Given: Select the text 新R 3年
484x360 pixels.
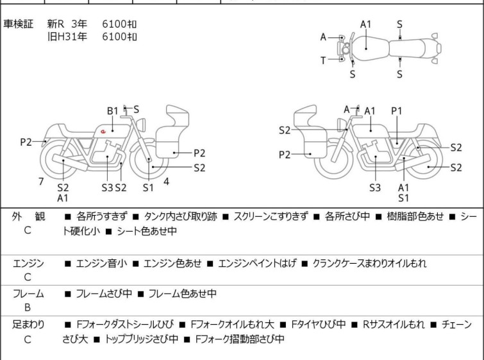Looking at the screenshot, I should pos(67,24).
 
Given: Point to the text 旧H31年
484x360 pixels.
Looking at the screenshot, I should pos(67,37).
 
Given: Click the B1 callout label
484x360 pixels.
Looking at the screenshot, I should pos(113,111).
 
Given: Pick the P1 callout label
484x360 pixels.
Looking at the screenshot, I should pos(397,111).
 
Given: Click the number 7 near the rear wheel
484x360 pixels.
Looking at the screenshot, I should pos(41,182).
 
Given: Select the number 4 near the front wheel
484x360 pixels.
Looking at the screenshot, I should pos(166,182).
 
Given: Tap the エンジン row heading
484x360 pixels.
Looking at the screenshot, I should pos(29,263).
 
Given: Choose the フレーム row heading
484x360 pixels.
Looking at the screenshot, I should pos(29,294).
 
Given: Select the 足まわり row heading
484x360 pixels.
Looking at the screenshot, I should pos(29,325).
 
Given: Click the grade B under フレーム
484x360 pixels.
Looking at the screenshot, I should pos(28,307).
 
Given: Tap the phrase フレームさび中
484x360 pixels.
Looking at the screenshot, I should pos(104,294).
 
